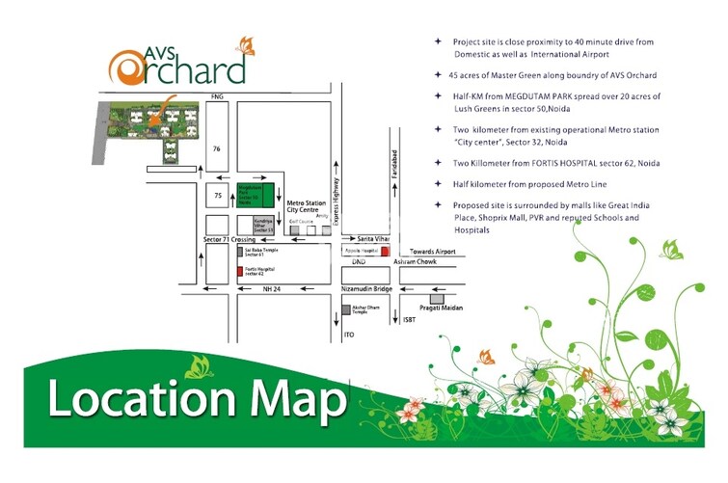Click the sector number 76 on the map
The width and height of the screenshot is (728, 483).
[x=217, y=148]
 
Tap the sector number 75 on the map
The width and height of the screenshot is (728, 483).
[x=217, y=196]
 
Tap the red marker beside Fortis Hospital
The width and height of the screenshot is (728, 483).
[x=239, y=272]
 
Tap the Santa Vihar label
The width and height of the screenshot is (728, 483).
[x=372, y=237]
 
